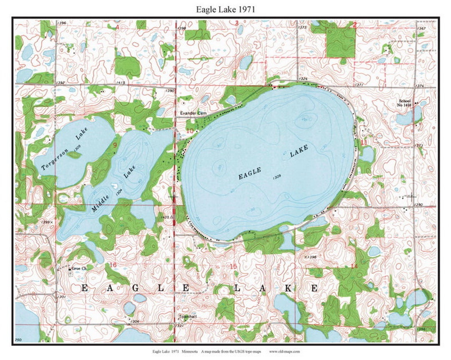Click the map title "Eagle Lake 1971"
pos(225,9)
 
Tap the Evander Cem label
pos(190,113)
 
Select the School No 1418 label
pos(405,103)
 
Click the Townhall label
pos(187,317)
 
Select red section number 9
pos(114,145)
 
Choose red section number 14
pos(355,266)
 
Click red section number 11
pos(364,143)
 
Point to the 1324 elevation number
pos(303,78)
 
